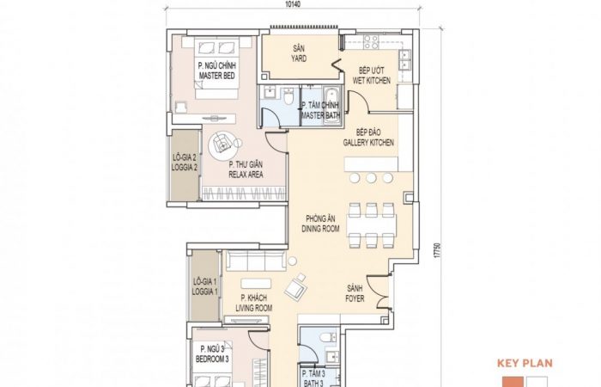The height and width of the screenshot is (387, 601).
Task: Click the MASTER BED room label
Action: pos(217,71)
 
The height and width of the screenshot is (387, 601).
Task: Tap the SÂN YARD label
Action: pos(299,53)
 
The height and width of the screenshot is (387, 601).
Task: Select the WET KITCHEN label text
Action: pos(372,76)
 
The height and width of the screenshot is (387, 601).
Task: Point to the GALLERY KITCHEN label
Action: pos(368,138)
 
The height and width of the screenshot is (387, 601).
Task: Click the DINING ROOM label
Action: pos(320,224)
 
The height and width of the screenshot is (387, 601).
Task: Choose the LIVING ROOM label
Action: pos(254,303)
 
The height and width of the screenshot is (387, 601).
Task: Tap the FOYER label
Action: pos(355,293)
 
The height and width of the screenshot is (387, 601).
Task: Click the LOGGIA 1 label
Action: pos(204,286)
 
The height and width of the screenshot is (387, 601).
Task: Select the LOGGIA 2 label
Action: pos(185,163)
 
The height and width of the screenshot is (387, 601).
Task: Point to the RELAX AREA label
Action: pos(246,169)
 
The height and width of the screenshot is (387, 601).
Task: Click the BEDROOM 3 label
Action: pos(212,354)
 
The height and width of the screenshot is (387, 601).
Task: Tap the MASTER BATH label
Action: pos(320,110)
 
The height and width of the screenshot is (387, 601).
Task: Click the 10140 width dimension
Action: pos(294,4)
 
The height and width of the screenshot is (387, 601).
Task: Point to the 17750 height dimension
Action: pos(437,250)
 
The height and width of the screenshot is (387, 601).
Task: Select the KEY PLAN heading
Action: pos(525,363)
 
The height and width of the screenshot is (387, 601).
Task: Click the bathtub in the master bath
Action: pos(331,105)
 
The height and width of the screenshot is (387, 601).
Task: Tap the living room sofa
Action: pos(257,261)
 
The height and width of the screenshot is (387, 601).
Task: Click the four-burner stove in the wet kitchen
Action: pos(371,42)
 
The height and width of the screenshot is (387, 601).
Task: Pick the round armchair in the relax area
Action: pos(222,144)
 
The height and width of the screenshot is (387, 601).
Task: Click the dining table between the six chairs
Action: pos(372,225)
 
